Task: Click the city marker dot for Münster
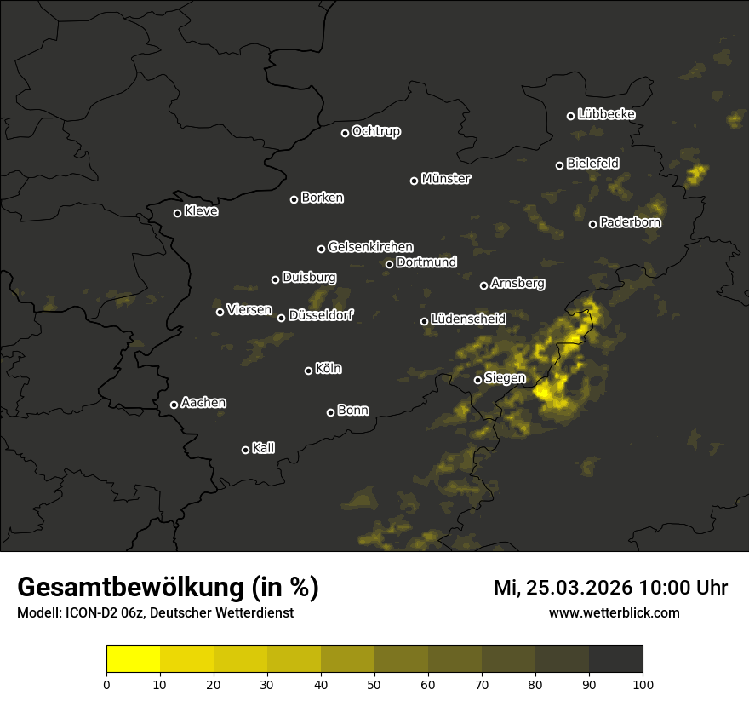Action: (415, 181)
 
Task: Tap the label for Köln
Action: (329, 369)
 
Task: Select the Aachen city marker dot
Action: (174, 405)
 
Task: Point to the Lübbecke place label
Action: (606, 114)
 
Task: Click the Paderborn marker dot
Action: (593, 224)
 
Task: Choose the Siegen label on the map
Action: (505, 378)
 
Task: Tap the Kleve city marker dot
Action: (178, 213)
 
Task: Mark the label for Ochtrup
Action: (375, 131)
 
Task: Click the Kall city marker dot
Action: (246, 450)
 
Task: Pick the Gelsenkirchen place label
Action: (370, 247)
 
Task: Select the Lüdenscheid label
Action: (468, 319)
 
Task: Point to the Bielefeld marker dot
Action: (560, 165)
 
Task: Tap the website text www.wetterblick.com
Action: (615, 612)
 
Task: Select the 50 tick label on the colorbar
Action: (374, 684)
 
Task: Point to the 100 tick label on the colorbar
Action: (643, 684)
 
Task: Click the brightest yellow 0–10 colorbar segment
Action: (134, 659)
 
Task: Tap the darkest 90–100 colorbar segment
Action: (615, 659)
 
